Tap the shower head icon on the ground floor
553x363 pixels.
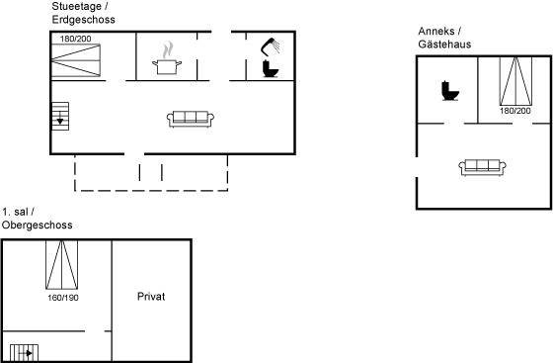tap(270, 46)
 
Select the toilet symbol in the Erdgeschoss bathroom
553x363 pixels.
tap(271, 68)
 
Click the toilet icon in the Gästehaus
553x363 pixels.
tap(450, 91)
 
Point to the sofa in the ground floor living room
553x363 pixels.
tap(191, 119)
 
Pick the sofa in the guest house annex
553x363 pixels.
tap(483, 167)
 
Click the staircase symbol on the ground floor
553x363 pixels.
tap(60, 116)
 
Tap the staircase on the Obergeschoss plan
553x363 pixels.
tap(24, 352)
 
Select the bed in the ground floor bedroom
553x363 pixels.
tap(76, 60)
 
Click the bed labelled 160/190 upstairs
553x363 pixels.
tap(61, 265)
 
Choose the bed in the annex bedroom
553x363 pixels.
tap(515, 81)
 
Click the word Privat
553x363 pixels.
tap(151, 297)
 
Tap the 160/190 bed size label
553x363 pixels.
tap(63, 298)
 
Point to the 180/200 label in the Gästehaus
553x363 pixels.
tap(514, 111)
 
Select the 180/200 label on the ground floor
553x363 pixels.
tap(75, 39)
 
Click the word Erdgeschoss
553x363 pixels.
tap(84, 20)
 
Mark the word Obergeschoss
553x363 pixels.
tap(38, 226)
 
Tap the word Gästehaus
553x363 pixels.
tap(444, 45)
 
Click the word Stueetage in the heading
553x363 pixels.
tap(77, 7)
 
